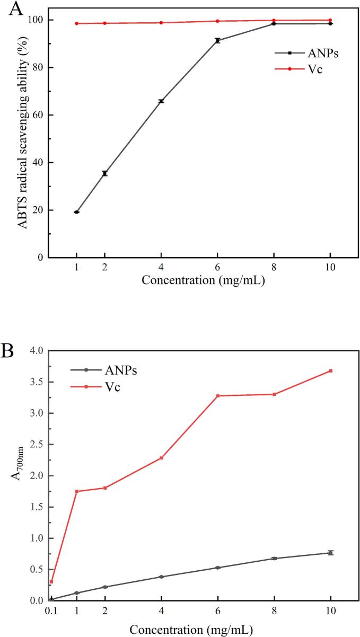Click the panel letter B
click(x=7, y=351)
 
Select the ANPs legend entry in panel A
click(x=306, y=53)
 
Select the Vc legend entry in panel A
click(x=298, y=69)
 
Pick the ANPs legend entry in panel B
click(x=104, y=370)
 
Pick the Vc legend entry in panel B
click(x=95, y=387)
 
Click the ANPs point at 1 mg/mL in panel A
click(x=76, y=212)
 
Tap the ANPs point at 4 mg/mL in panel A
click(x=161, y=101)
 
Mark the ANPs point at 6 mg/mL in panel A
click(x=218, y=41)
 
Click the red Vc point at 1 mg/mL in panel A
click(x=76, y=23)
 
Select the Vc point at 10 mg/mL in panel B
click(x=331, y=371)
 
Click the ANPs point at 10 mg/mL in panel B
click(x=331, y=553)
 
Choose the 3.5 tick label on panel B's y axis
click(x=37, y=382)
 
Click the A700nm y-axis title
click(x=17, y=464)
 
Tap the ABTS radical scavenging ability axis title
click(x=23, y=133)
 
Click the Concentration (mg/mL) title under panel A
click(x=203, y=280)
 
